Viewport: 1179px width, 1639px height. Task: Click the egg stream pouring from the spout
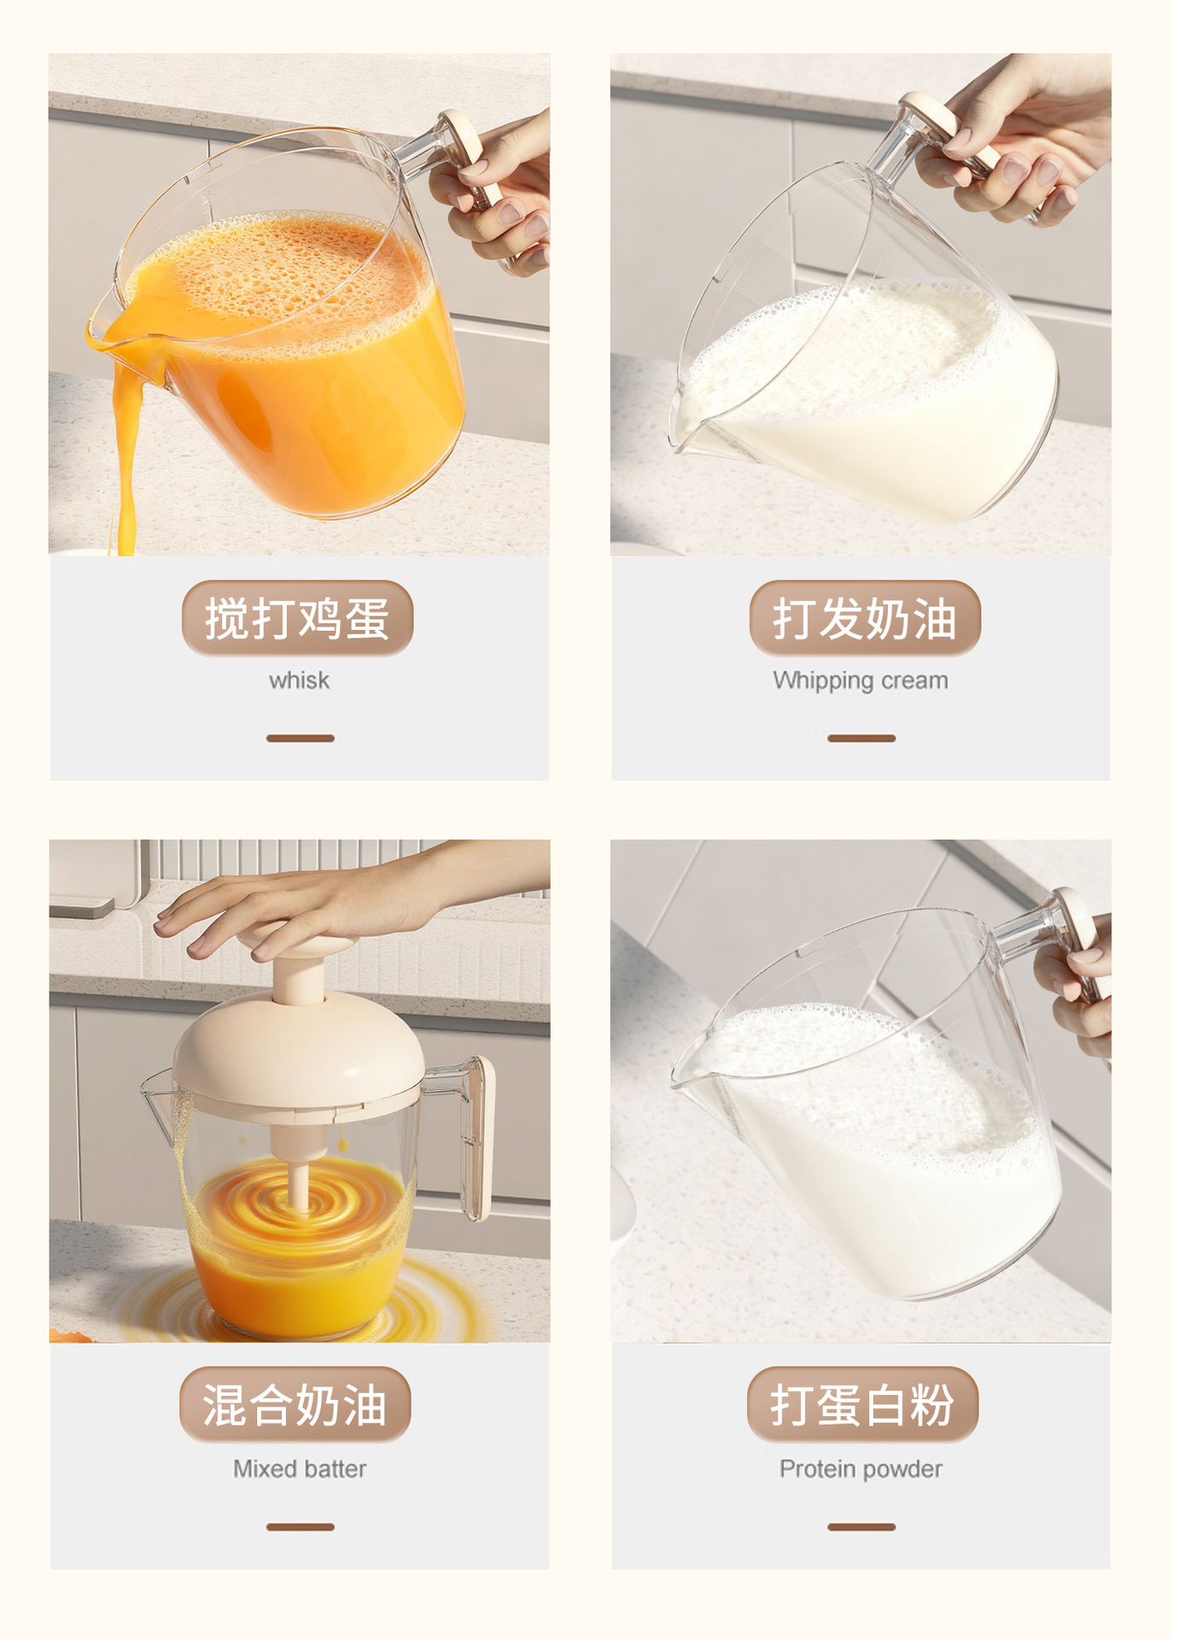(x=125, y=461)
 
